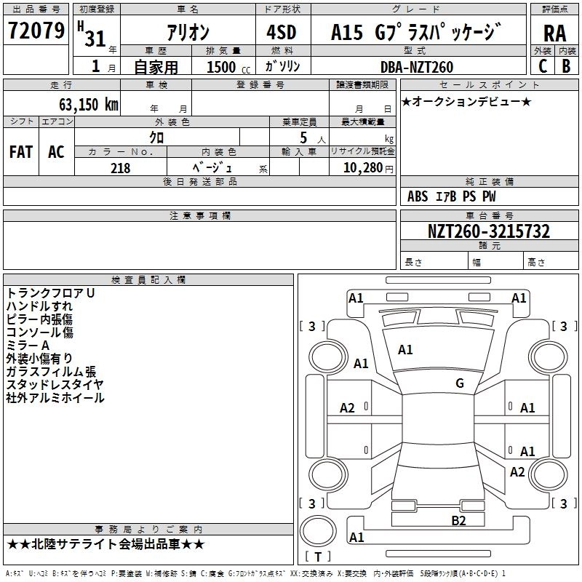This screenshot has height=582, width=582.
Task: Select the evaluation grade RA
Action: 554,33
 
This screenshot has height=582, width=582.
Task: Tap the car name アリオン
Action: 188,33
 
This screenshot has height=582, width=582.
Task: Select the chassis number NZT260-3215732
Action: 488,232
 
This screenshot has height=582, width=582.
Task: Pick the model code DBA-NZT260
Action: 416,67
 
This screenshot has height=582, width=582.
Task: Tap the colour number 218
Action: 120,168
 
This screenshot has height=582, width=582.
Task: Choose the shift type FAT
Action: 21,152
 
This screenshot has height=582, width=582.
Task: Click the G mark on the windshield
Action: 460,383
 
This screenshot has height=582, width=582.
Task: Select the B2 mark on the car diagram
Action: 458,519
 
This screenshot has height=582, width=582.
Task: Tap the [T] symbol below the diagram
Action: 317,557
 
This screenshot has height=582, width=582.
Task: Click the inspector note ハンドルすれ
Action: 39,306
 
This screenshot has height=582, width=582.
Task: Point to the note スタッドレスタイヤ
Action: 55,385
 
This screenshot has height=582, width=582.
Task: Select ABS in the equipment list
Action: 418,196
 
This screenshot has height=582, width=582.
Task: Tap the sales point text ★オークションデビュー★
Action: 466,101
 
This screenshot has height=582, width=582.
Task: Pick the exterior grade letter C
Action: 542,66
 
